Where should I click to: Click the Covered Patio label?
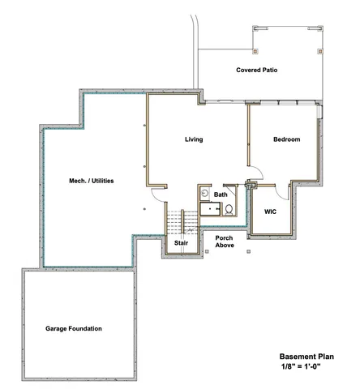(257, 71)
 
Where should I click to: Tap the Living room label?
(194, 139)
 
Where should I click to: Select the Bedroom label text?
(286, 139)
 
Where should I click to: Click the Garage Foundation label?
(74, 328)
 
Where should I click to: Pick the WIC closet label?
(272, 212)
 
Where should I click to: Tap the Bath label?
(221, 194)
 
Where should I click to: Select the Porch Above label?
(224, 242)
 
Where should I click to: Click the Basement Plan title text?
(306, 356)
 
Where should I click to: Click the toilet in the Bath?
(229, 209)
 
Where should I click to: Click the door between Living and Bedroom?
(254, 172)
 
